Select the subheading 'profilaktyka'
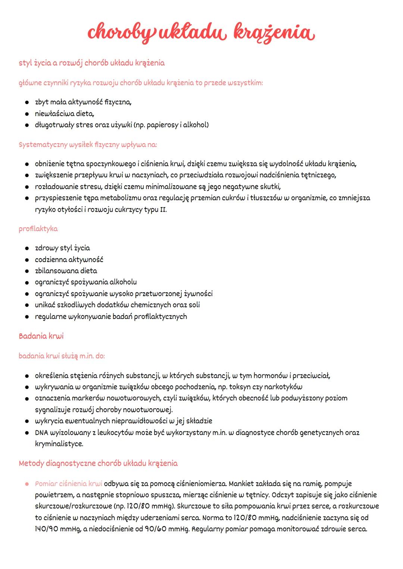[38, 229]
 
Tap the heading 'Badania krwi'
[41, 336]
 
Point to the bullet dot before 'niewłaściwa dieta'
[27, 114]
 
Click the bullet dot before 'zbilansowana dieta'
[27, 271]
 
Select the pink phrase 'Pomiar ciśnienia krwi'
[68, 484]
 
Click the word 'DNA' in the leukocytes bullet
[42, 433]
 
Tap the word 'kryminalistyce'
[59, 444]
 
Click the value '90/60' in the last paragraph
[154, 529]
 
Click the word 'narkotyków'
[285, 387]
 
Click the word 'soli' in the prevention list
[194, 305]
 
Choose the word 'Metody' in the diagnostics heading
[31, 463]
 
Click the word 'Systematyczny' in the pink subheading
[43, 144]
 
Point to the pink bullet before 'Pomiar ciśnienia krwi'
[27, 484]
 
